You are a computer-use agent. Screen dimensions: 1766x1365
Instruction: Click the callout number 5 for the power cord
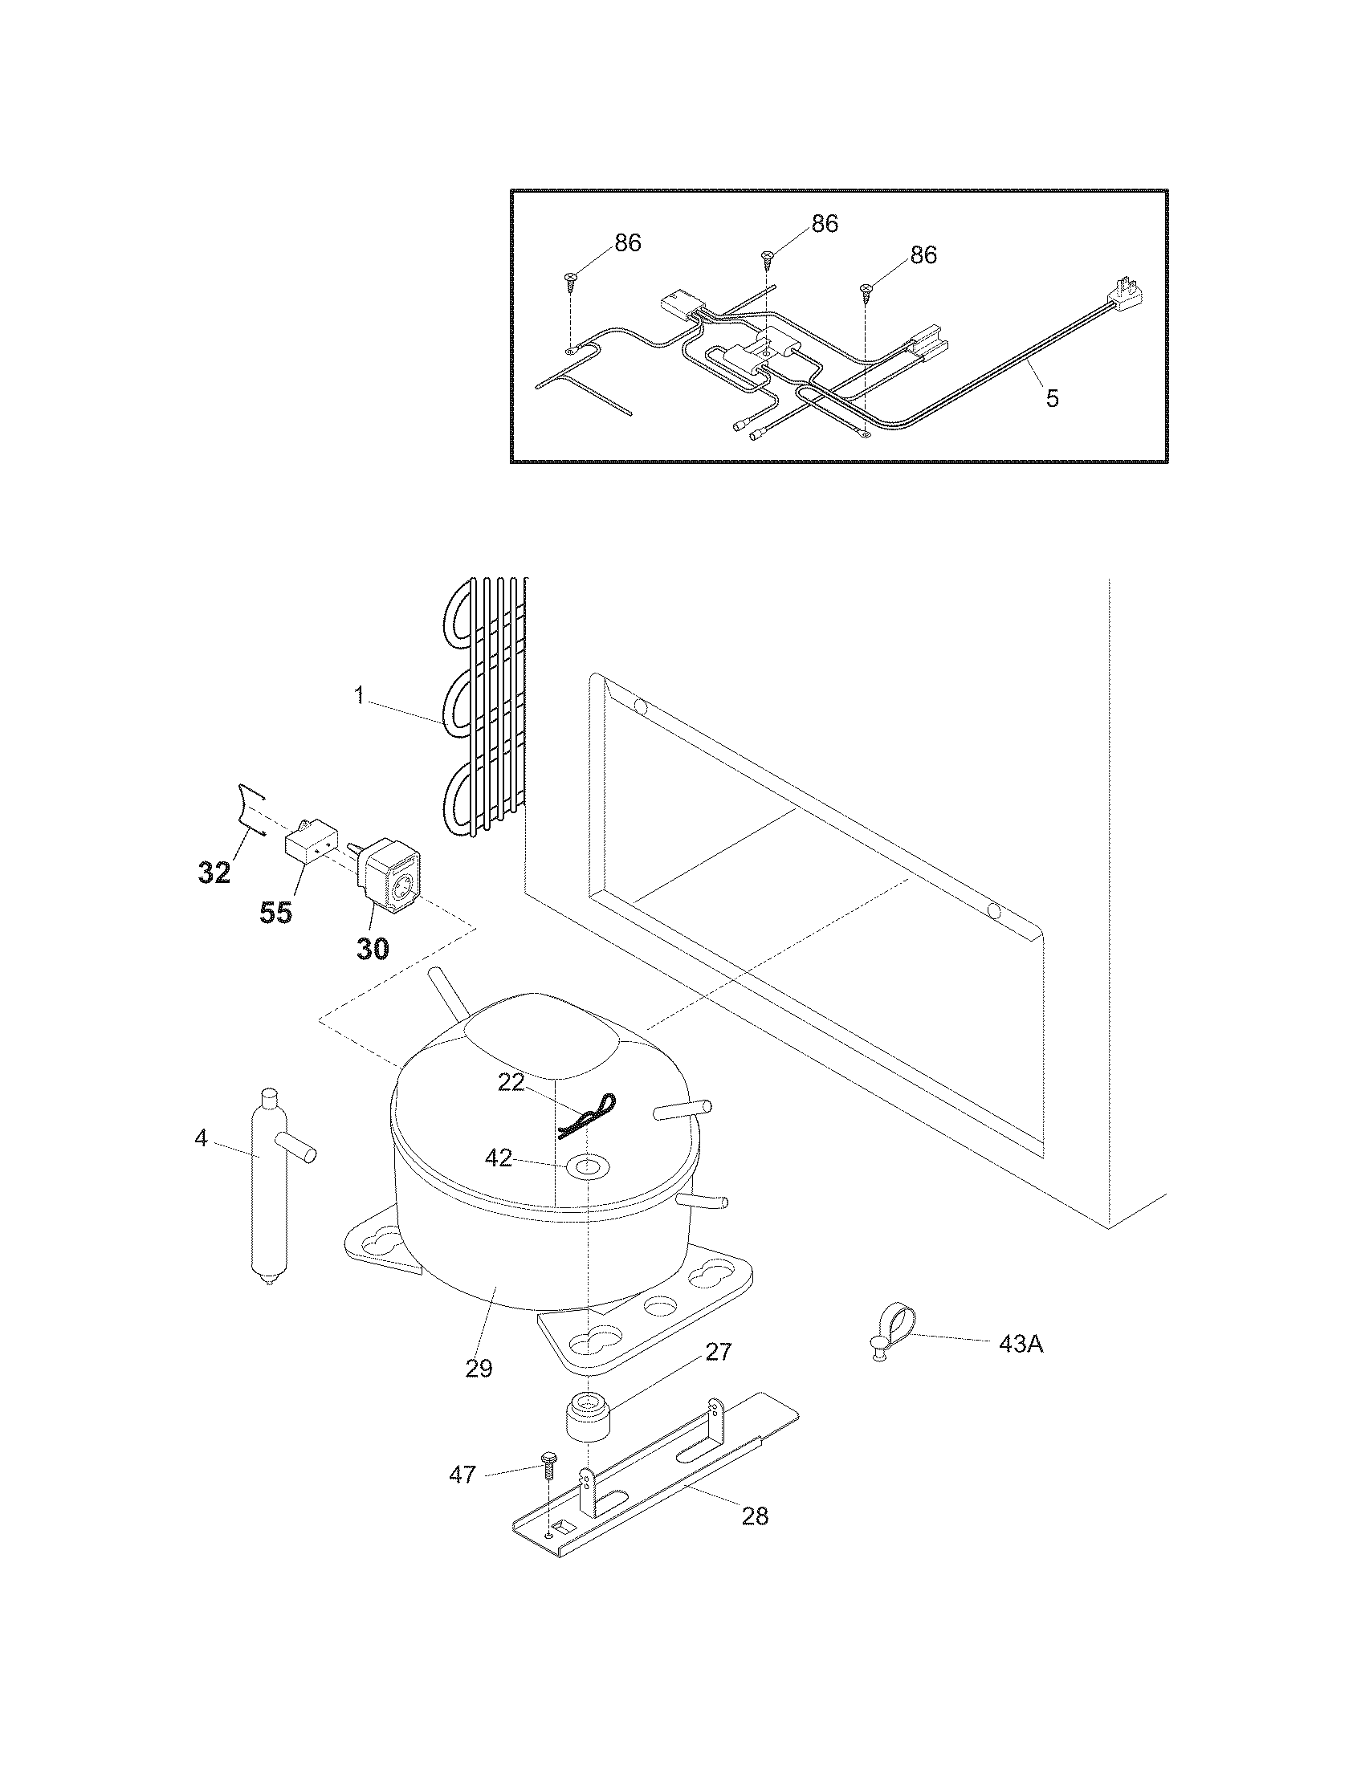tap(1051, 399)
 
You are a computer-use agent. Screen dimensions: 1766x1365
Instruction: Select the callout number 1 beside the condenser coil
tap(359, 695)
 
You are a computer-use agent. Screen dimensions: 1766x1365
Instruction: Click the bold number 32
tap(214, 873)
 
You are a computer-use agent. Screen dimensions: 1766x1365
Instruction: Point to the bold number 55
tap(275, 913)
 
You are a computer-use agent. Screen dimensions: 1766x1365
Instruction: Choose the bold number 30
tap(373, 949)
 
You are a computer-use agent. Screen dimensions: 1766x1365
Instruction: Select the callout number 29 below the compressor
tap(479, 1368)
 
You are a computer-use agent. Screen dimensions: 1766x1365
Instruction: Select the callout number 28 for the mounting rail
tap(755, 1516)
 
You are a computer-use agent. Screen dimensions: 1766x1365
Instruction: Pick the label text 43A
tap(1021, 1344)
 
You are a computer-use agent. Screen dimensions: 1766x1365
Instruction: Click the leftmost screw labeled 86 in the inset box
tap(572, 280)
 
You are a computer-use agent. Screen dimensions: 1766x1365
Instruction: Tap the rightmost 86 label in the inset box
tap(923, 254)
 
